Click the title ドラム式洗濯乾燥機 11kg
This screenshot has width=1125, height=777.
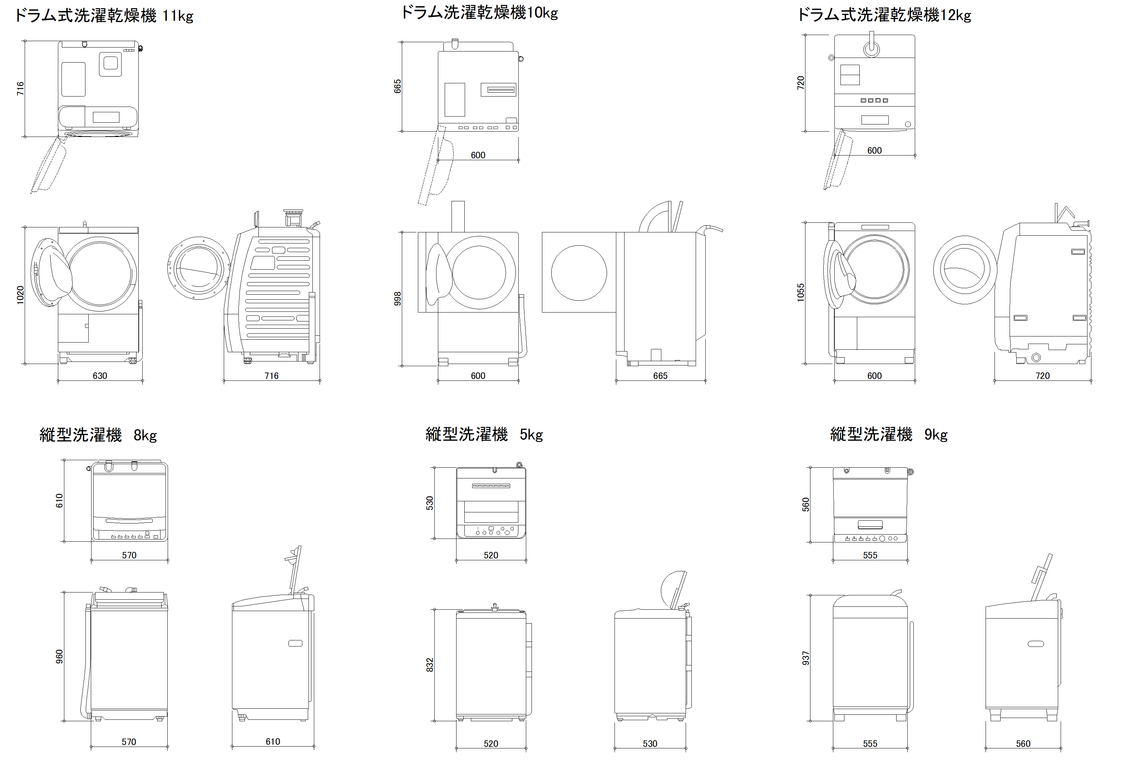pyautogui.click(x=104, y=16)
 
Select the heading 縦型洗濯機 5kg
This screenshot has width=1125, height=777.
pyautogui.click(x=484, y=434)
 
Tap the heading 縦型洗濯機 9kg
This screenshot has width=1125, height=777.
pyautogui.click(x=888, y=434)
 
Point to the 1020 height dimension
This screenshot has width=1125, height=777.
pyautogui.click(x=20, y=295)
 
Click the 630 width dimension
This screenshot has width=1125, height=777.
pyautogui.click(x=100, y=376)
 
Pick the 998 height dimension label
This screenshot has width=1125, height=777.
pyautogui.click(x=398, y=299)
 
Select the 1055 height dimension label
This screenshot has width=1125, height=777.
pyautogui.click(x=800, y=292)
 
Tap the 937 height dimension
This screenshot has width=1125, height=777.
pyautogui.click(x=806, y=658)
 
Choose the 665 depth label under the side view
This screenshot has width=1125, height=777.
pyautogui.click(x=660, y=376)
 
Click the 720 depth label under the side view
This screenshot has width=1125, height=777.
pyautogui.click(x=1042, y=376)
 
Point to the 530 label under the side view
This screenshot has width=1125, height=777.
pyautogui.click(x=650, y=743)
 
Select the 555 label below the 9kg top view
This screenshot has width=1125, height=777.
pyautogui.click(x=870, y=555)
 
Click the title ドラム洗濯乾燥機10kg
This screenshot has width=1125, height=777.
pyautogui.click(x=479, y=13)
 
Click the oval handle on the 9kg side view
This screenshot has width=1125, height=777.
pyautogui.click(x=1036, y=644)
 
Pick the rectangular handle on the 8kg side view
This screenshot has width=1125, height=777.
pyautogui.click(x=295, y=643)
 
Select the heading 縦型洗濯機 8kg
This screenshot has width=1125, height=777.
pyautogui.click(x=98, y=435)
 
